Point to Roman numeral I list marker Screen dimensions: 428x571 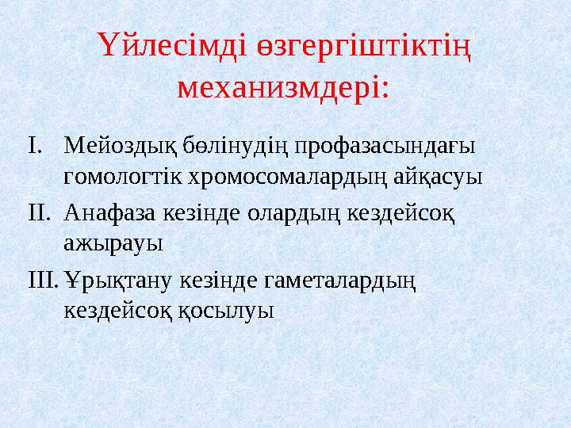[31, 147]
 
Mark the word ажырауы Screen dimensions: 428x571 [109, 240]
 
